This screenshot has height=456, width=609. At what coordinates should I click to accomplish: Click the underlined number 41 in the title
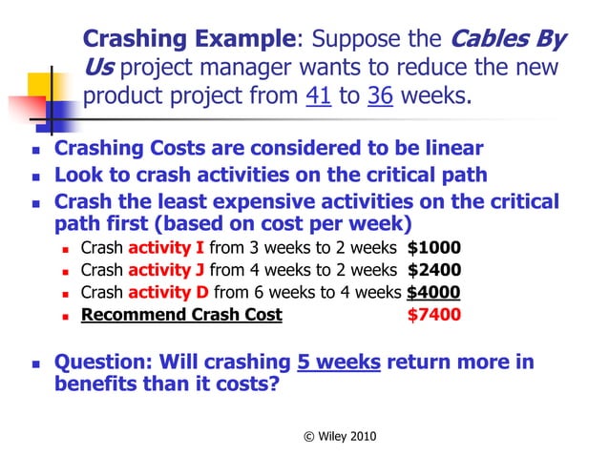coord(319,96)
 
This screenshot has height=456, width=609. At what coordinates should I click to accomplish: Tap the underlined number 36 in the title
coord(380,96)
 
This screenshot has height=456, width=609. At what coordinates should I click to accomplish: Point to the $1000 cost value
coord(434,248)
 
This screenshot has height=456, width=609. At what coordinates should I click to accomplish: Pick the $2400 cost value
coord(434,270)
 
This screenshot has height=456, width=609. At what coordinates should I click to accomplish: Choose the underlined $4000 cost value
coord(433,292)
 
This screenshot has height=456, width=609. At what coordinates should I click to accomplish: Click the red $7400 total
coord(433,315)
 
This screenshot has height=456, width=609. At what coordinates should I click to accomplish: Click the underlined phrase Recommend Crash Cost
coord(181,315)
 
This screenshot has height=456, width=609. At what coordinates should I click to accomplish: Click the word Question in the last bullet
coord(99,363)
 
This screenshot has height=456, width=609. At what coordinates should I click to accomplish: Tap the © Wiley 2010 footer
coord(339,436)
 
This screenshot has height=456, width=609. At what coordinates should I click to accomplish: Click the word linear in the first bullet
coord(450,149)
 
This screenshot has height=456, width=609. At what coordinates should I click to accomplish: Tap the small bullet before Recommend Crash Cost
coord(66,316)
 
